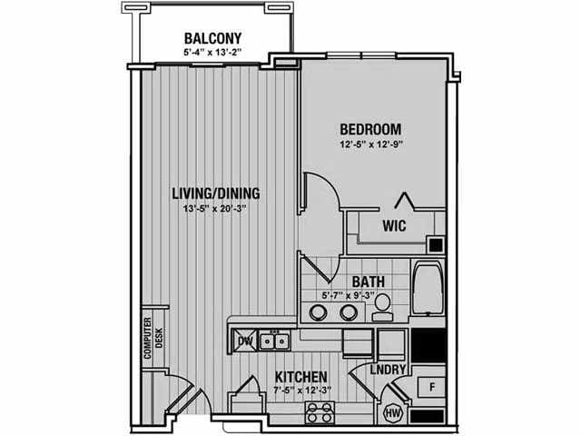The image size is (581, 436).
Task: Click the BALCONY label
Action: [x=212, y=38]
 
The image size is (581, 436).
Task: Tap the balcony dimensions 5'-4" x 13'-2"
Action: [x=212, y=53]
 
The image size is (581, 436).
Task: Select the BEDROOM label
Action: [x=370, y=129]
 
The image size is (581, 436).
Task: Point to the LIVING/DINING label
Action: [x=216, y=193]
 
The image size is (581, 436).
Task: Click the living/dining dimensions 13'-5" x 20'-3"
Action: [x=215, y=208]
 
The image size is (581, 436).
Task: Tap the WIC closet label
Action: [x=394, y=225]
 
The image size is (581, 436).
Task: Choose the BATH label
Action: [x=369, y=282]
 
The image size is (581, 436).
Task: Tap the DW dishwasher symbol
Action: [x=244, y=341]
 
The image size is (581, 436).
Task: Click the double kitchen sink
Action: [x=274, y=341]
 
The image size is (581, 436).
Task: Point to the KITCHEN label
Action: [x=300, y=377]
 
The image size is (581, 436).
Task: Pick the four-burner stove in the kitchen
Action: [x=320, y=412]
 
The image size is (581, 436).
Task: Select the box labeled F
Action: [x=431, y=388]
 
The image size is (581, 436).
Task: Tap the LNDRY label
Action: [x=388, y=370]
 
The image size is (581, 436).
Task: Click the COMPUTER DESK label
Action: [x=153, y=338]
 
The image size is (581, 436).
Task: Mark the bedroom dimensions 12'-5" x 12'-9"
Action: [x=371, y=144]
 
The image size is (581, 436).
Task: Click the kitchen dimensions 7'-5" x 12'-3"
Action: [x=301, y=390]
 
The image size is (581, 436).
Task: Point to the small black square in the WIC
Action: [x=436, y=244]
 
